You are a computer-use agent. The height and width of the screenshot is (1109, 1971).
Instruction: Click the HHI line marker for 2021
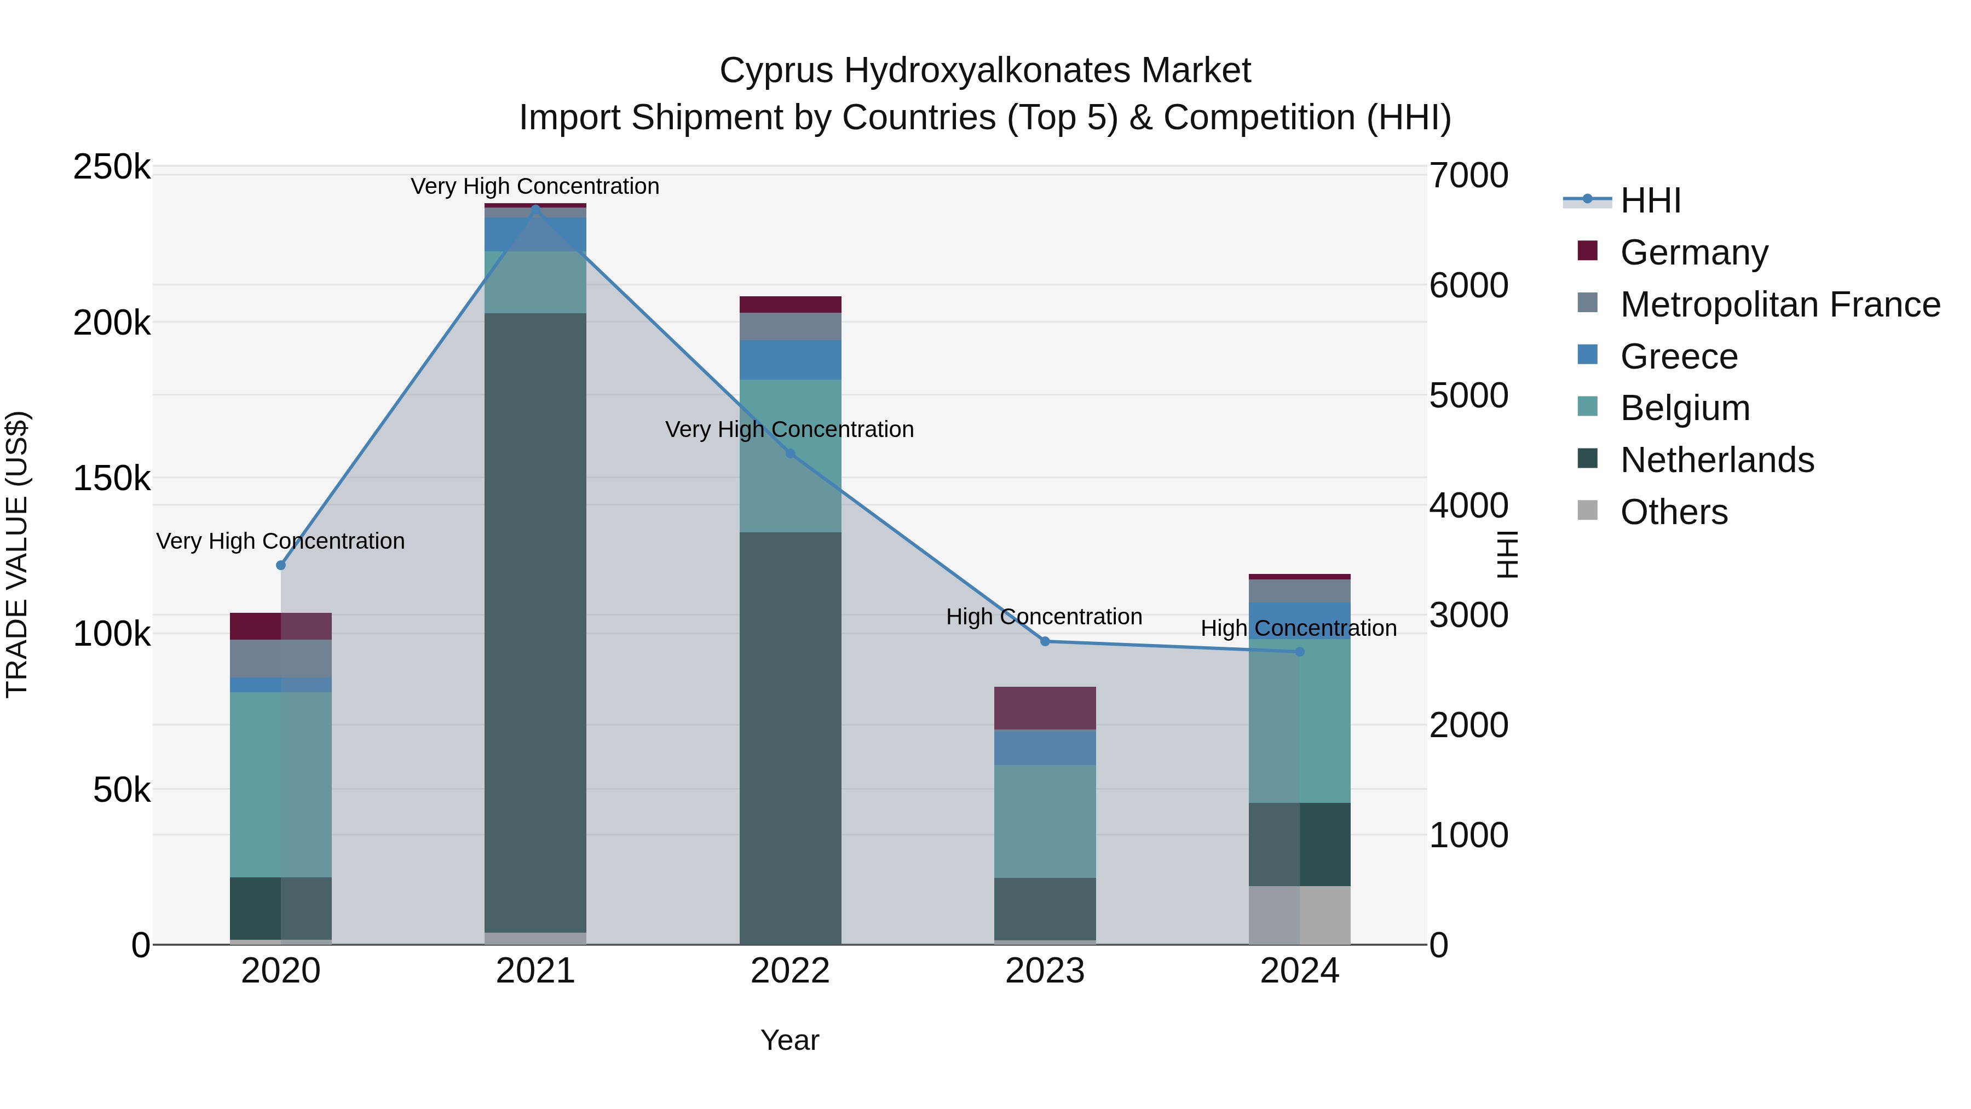(535, 208)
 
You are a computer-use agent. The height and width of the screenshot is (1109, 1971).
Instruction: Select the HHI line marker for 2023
(1045, 641)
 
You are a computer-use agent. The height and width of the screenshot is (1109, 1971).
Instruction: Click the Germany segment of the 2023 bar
(1045, 708)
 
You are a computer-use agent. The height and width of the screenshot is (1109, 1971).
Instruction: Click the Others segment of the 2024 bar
(1299, 915)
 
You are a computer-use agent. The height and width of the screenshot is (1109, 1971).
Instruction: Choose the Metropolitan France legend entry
(1780, 304)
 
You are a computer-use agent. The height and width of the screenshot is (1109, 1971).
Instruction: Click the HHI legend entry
(1650, 200)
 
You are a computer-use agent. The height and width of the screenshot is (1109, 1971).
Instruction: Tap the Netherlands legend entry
(1717, 460)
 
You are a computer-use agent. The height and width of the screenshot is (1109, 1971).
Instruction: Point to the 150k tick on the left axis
(112, 479)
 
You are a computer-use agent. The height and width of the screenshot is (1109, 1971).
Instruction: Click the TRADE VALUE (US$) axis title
(17, 554)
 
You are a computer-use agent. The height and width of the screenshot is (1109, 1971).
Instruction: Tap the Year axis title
(789, 1040)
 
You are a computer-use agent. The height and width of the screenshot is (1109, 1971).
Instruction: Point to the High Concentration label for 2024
(1299, 628)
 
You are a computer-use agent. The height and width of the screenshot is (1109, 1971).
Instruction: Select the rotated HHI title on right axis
(1506, 554)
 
